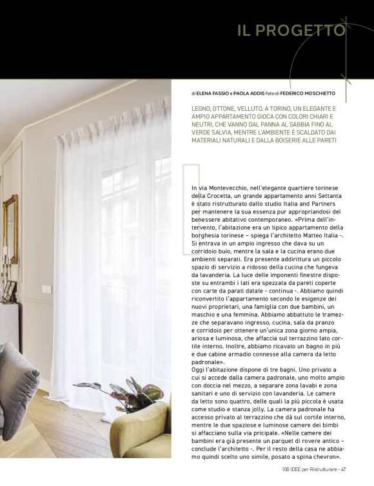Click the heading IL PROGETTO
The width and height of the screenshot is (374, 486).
point(291,30)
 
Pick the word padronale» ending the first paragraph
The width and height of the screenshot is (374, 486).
point(207,363)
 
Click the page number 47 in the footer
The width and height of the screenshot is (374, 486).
point(344,469)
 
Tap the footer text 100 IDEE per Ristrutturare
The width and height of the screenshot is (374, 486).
point(310,469)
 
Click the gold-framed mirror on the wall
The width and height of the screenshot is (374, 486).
point(10,229)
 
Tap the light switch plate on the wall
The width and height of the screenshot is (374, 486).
point(47,289)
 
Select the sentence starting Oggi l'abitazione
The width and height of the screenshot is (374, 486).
point(258,371)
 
